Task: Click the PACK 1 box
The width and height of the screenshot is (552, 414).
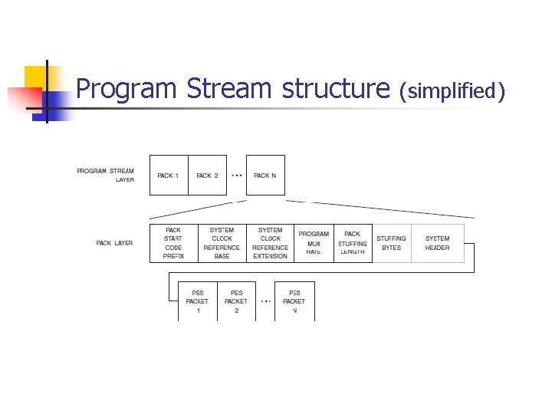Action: [x=168, y=176]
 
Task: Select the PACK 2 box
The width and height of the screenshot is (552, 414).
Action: [x=207, y=176]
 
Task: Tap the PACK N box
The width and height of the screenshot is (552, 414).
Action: [x=265, y=176]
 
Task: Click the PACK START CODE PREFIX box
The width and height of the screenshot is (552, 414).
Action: [x=173, y=243]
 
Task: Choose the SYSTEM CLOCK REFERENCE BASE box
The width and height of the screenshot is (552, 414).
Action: [x=222, y=243]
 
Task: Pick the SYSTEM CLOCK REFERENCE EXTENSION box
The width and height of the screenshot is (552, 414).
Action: [x=270, y=243]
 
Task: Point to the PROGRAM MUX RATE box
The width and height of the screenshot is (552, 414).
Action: [x=314, y=243]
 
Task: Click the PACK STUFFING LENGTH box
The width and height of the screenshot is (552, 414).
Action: [x=353, y=243]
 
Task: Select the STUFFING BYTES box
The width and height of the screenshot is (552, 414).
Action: [x=391, y=243]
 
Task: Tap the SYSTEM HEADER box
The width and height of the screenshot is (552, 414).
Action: [x=437, y=243]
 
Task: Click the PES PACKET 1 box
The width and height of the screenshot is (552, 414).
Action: [x=197, y=301]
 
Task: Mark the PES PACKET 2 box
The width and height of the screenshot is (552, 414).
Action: [x=236, y=301]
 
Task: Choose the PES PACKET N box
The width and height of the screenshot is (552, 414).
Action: [x=294, y=301]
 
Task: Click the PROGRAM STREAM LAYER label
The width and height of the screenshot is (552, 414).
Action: [x=106, y=176]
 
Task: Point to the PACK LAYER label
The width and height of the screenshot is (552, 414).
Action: [x=114, y=243]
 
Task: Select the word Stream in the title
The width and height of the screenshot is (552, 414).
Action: [x=229, y=90]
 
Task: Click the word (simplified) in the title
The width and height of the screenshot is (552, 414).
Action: [x=453, y=92]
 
